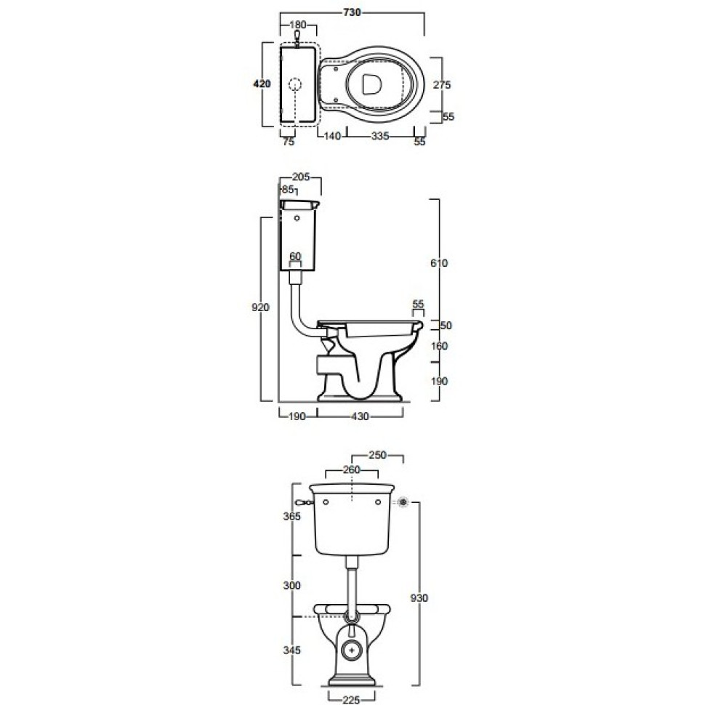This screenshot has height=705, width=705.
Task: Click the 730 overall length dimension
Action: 352,12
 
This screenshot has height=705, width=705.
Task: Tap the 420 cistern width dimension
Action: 262,84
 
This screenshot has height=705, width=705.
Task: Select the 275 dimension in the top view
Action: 442,84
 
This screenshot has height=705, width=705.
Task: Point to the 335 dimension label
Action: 380,136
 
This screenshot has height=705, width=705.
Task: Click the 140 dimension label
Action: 332,136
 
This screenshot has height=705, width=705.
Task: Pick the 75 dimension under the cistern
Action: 289,142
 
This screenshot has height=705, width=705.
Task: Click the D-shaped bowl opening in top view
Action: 371,84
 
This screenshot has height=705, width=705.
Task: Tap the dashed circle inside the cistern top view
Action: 294,84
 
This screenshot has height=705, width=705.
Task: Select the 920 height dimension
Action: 260,307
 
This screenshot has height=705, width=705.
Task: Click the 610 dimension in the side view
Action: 439,263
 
